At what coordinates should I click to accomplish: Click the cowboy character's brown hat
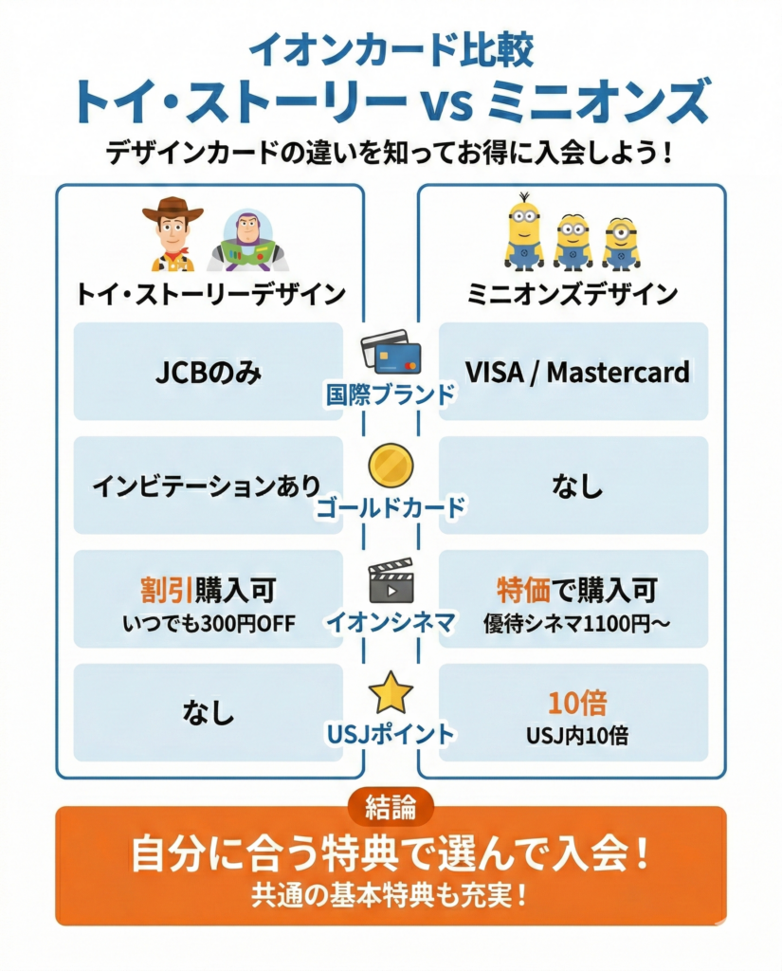click(x=173, y=209)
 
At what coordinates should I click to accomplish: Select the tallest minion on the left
click(x=523, y=232)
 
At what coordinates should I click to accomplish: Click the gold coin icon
click(x=390, y=467)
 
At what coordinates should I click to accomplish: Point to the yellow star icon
click(x=390, y=695)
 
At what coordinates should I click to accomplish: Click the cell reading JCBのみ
click(x=208, y=372)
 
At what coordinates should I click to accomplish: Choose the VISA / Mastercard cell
click(x=573, y=372)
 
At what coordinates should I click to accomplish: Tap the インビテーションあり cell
click(x=208, y=485)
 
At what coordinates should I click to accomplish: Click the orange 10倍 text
click(x=577, y=703)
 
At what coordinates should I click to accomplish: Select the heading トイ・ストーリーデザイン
click(x=210, y=293)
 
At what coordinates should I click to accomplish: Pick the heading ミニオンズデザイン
click(x=573, y=293)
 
